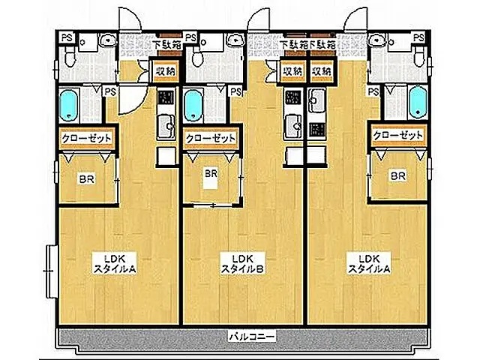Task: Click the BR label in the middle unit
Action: [211, 174]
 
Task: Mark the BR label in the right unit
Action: [397, 176]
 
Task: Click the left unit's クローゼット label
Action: [87, 138]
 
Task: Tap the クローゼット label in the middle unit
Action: [209, 138]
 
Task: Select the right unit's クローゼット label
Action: [397, 135]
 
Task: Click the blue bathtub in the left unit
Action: [69, 105]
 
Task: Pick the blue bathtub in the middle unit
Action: [193, 105]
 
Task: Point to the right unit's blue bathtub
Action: [417, 103]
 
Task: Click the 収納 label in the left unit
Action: [165, 71]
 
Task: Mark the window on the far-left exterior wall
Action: [49, 270]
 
